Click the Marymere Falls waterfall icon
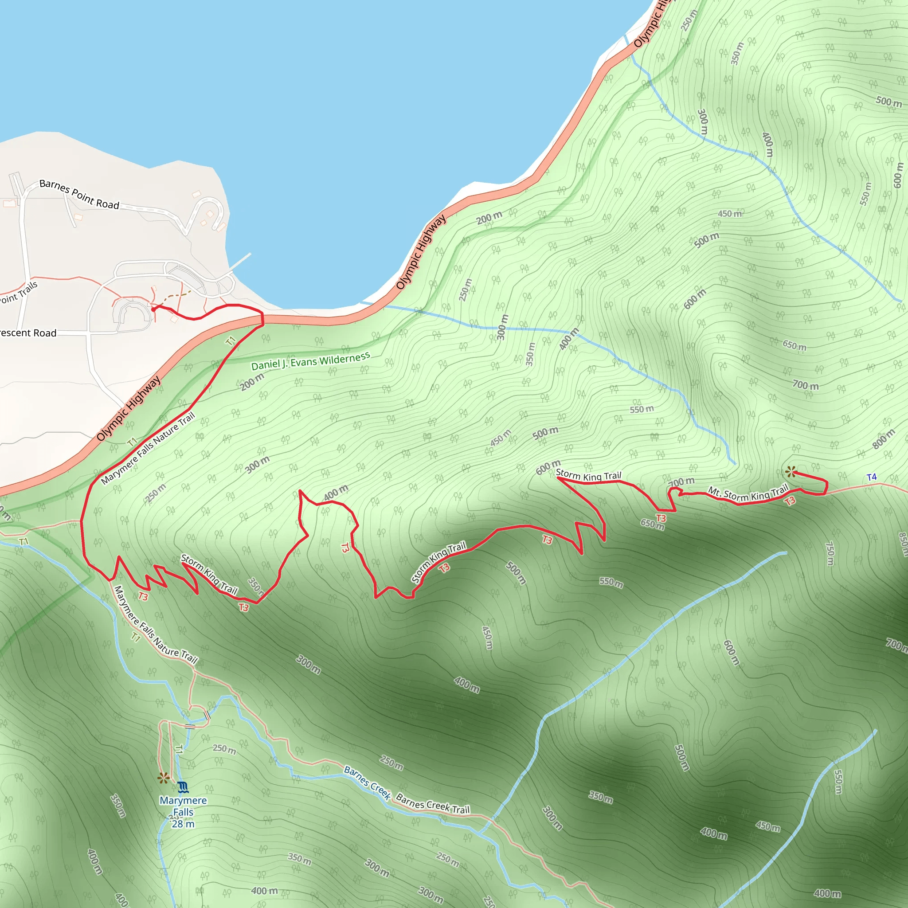[183, 786]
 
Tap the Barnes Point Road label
[79, 194]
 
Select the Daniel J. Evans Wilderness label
[310, 361]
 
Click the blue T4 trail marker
[871, 477]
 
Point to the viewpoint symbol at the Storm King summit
[791, 471]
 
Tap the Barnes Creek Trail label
[432, 804]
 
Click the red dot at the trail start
[153, 309]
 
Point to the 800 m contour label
[884, 438]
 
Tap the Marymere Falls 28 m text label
[183, 812]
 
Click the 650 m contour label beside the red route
[652, 524]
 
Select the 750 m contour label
[830, 554]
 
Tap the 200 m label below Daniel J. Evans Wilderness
[252, 382]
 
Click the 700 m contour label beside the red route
[681, 482]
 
